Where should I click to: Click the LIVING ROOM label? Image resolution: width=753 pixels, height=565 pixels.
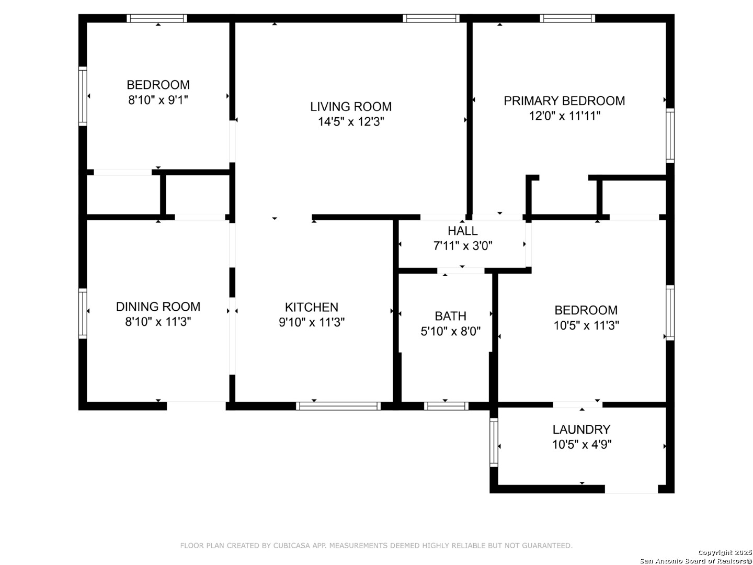point(350,107)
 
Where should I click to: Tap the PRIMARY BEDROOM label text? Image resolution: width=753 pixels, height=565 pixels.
point(564,101)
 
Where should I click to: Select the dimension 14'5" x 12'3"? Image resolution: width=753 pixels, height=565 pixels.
point(350,122)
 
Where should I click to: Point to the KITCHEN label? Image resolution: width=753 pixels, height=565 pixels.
point(312,307)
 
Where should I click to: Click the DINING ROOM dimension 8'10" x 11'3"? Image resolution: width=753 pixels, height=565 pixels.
point(158,322)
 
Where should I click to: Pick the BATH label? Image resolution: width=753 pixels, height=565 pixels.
point(450,316)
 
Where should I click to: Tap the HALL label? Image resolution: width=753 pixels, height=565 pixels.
point(462,231)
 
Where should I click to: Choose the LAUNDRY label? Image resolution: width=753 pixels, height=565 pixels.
point(581,430)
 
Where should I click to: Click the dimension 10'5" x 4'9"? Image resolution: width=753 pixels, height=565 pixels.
point(582,445)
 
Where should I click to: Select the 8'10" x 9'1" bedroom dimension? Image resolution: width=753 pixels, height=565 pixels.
point(158,100)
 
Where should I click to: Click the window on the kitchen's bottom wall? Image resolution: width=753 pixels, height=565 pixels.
point(338,406)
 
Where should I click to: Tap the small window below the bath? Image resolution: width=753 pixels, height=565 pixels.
point(446,406)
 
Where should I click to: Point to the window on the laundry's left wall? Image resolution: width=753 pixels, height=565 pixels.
point(494,442)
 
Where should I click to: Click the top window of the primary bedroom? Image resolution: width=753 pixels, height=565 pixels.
point(567,18)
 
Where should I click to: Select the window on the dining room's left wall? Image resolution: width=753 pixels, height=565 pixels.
point(83,313)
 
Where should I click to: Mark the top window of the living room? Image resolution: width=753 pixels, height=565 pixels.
point(431,18)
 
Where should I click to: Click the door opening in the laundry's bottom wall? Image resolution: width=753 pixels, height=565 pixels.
point(631,489)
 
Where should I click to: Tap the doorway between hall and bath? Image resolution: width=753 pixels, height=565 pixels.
point(461,270)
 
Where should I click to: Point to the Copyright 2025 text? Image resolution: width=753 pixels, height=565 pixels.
point(725,552)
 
